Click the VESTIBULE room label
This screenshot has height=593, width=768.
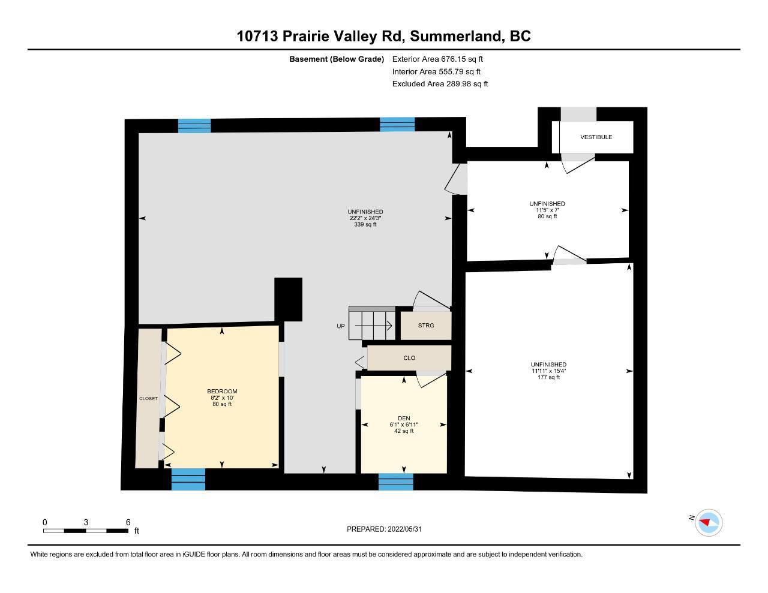(596, 137)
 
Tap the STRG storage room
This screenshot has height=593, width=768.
(425, 326)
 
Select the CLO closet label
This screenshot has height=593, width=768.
(409, 358)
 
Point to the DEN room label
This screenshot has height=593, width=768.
(404, 418)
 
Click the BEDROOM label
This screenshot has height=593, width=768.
(222, 392)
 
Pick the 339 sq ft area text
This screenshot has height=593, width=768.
(365, 225)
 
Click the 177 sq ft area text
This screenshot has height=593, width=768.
(548, 377)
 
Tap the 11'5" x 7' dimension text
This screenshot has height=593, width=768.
(547, 210)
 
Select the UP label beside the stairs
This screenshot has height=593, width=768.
(340, 326)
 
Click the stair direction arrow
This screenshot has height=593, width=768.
(373, 326)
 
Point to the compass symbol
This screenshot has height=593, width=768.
(708, 522)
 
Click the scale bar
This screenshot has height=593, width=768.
(86, 531)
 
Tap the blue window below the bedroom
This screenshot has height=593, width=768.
(188, 479)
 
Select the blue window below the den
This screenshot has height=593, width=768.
(395, 481)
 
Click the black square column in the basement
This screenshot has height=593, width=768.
(288, 300)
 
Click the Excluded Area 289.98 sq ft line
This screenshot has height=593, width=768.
(440, 84)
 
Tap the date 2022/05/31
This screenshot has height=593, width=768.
(404, 529)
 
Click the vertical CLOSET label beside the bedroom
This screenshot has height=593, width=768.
(148, 398)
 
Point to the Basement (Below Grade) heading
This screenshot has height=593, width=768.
(337, 59)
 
